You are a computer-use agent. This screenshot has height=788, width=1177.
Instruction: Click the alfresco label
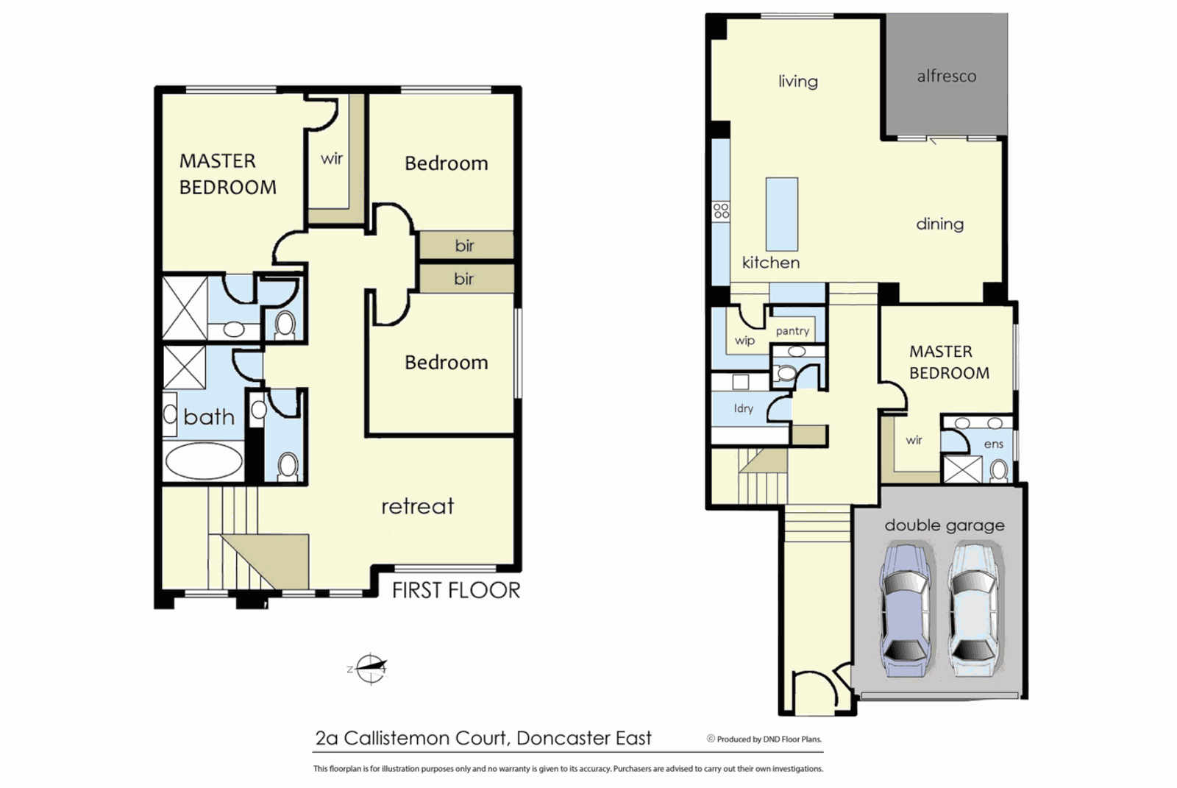946,77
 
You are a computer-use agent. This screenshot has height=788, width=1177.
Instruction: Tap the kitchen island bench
781,214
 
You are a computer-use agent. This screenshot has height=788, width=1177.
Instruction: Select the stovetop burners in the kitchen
721,211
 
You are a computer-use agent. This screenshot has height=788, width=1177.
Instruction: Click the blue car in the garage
906,610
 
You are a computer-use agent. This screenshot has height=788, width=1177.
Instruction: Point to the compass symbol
370,669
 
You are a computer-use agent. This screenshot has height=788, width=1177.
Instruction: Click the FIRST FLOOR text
455,590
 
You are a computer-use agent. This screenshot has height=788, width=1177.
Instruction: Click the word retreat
417,506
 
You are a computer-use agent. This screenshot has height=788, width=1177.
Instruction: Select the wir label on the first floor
332,159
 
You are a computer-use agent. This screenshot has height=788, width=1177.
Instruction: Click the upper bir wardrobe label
464,246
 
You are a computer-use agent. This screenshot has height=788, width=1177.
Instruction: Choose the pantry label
792,331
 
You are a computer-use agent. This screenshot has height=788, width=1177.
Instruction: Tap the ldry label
743,408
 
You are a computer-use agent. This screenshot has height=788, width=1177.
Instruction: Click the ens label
993,444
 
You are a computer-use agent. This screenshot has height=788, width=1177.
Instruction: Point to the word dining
939,224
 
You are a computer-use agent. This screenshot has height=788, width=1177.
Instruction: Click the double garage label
944,525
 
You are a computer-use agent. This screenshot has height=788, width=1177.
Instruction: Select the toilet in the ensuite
998,470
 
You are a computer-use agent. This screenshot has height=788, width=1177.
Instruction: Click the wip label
744,341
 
